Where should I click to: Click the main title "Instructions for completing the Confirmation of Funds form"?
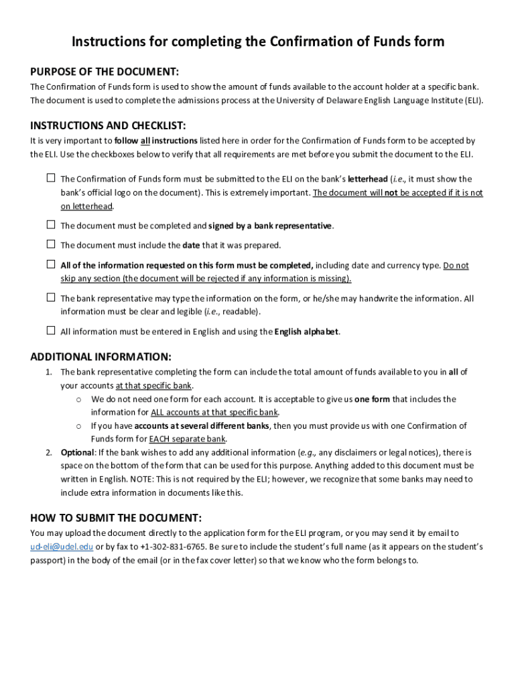click(258, 42)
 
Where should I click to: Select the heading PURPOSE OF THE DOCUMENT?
click(104, 72)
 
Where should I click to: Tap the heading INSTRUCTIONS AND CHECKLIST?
click(108, 125)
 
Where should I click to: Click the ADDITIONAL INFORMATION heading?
click(101, 356)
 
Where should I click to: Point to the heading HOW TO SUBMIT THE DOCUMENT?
click(116, 518)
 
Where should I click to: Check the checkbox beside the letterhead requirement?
click(51, 178)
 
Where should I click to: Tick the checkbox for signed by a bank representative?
click(51, 224)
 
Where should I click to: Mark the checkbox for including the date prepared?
click(51, 245)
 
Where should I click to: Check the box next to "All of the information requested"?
click(51, 265)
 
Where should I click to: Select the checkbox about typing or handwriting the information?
click(51, 297)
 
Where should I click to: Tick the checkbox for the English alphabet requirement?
click(51, 330)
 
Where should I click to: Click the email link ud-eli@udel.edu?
click(62, 547)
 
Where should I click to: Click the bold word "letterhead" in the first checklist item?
click(367, 179)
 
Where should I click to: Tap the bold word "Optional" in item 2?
click(77, 452)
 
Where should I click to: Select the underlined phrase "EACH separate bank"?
click(188, 439)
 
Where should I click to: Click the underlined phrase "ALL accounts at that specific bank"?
click(214, 412)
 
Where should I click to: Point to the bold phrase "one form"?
click(372, 399)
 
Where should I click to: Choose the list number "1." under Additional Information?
click(49, 372)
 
